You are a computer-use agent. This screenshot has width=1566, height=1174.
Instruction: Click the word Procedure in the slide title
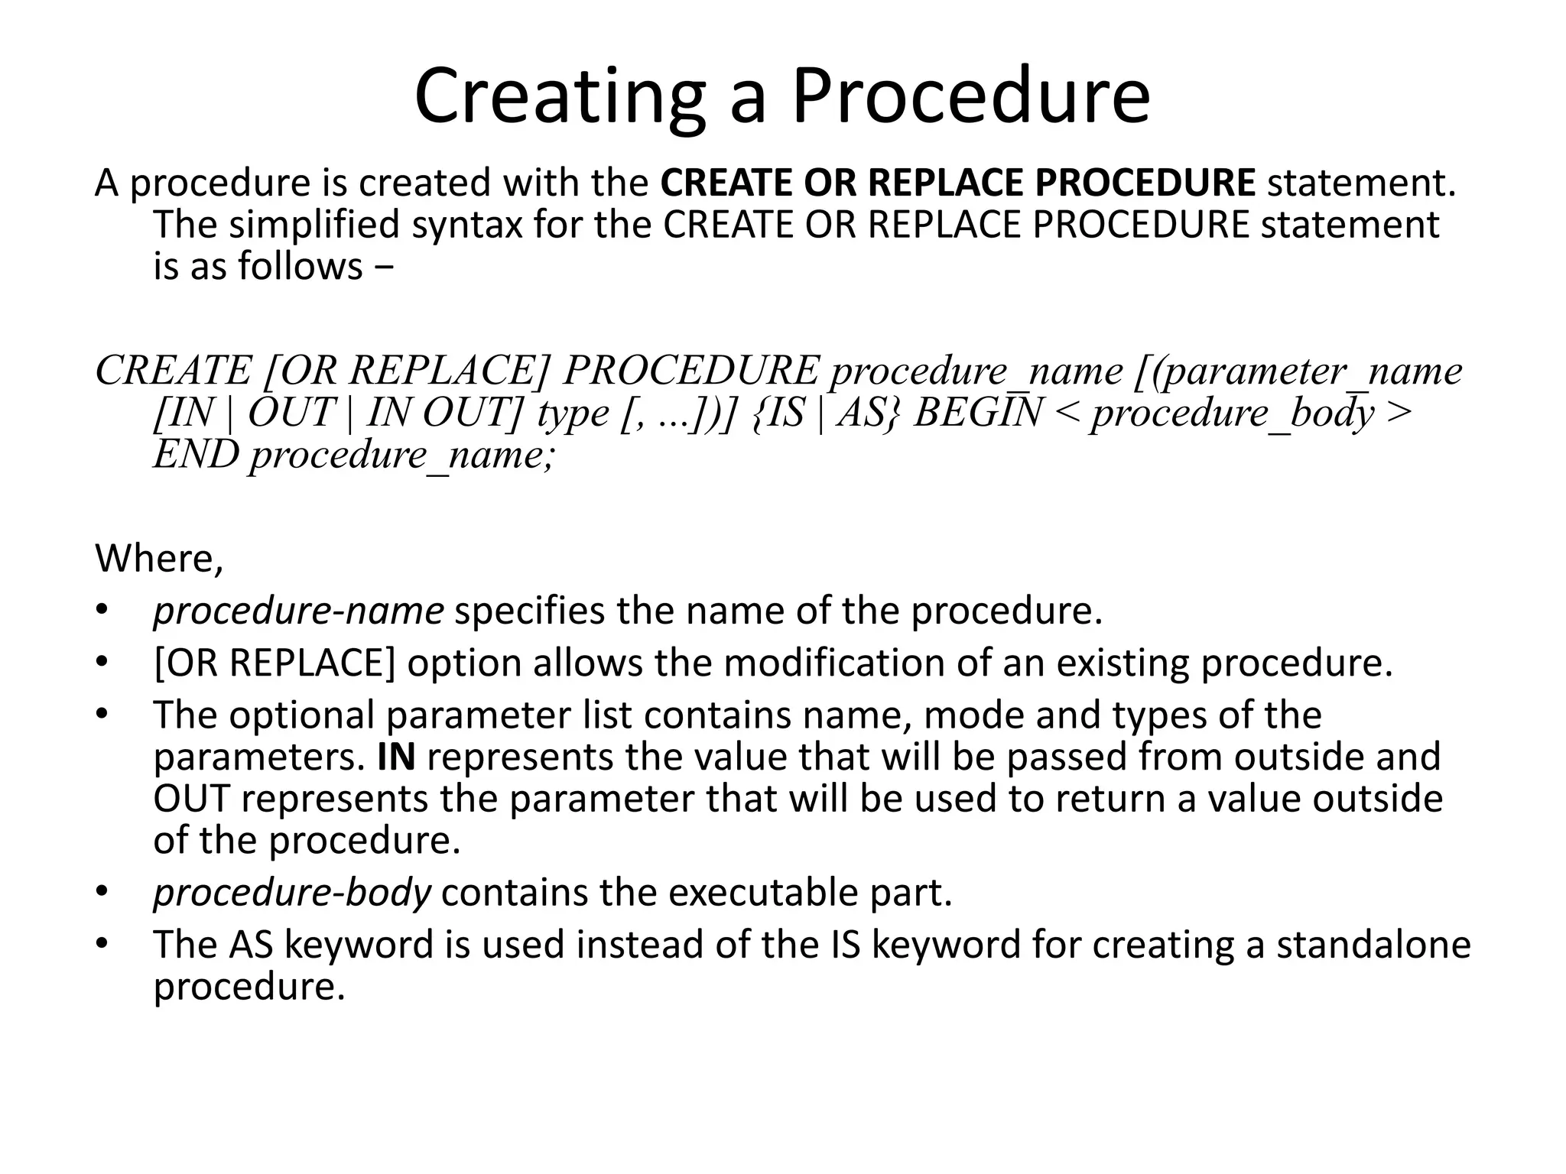pyautogui.click(x=970, y=97)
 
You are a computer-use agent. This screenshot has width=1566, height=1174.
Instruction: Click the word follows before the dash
pyautogui.click(x=300, y=266)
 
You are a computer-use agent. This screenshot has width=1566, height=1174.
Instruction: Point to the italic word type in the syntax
pyautogui.click(x=572, y=414)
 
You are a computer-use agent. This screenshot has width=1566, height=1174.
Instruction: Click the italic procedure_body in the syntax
pyautogui.click(x=1233, y=413)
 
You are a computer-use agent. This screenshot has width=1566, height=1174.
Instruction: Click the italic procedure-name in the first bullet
pyautogui.click(x=298, y=611)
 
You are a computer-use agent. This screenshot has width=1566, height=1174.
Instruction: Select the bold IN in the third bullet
pyautogui.click(x=396, y=757)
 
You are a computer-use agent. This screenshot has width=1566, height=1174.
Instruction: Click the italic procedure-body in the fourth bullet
pyautogui.click(x=292, y=893)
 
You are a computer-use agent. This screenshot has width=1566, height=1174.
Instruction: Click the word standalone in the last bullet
pyautogui.click(x=1373, y=945)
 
